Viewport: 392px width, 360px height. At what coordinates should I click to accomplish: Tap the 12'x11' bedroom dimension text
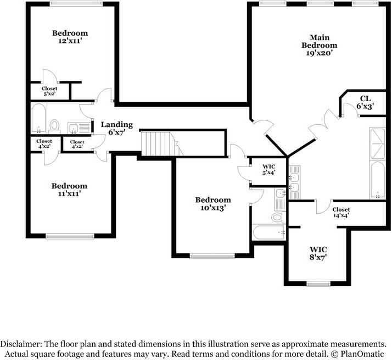point(70,41)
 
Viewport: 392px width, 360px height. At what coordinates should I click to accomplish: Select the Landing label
point(117,124)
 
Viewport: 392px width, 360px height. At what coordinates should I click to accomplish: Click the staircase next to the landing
point(163,144)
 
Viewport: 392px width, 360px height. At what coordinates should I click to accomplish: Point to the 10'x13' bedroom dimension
point(213,208)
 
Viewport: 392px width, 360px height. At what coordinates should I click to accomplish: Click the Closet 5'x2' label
point(49,91)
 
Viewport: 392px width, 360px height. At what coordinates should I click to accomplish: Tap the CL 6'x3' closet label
point(365,102)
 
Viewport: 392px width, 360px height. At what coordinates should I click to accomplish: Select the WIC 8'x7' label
point(318,253)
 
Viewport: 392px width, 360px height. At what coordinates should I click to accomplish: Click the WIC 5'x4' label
point(269,169)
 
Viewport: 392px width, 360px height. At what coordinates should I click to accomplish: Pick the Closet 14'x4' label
point(341,212)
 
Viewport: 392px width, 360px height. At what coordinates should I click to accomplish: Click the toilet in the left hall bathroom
point(54,125)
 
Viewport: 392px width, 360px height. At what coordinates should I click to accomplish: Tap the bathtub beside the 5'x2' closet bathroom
point(39,118)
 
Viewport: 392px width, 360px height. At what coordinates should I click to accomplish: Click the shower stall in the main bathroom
point(377,143)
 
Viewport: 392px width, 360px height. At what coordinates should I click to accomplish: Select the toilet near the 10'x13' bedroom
point(278,217)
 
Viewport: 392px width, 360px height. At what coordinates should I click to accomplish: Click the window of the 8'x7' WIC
point(318,284)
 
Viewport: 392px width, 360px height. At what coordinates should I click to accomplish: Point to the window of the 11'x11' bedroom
point(70,236)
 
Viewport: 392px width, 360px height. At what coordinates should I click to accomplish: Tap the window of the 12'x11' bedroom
point(76,3)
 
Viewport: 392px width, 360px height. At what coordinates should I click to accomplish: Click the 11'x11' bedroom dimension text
point(69,193)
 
